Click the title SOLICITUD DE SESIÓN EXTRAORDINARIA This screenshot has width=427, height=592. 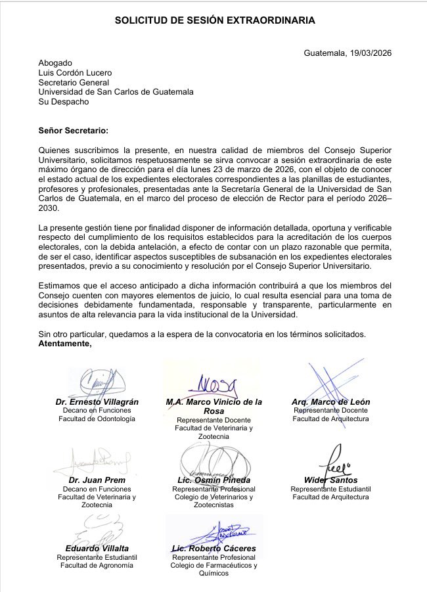tap(215, 21)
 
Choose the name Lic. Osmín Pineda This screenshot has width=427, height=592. tap(213, 480)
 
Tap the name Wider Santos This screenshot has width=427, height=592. tap(330, 480)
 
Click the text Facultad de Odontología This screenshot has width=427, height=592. tap(97, 419)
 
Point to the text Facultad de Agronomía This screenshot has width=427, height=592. tap(97, 564)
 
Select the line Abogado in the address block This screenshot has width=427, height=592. tap(55, 62)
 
